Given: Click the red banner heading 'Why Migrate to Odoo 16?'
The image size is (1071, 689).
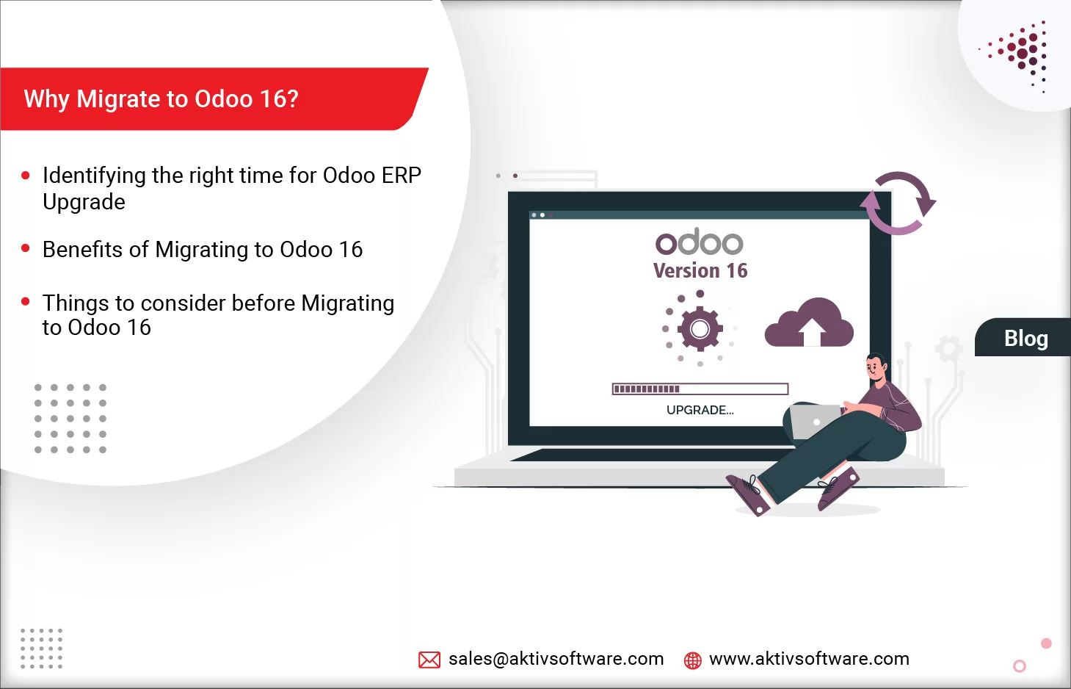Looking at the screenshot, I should tap(161, 99).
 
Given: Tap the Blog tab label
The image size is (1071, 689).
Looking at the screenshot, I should tap(1025, 339).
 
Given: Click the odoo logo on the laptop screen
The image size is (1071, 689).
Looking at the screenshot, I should tap(700, 242).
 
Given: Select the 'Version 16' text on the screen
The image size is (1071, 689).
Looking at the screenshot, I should tap(700, 271).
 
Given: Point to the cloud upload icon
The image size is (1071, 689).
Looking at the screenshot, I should tap(809, 324).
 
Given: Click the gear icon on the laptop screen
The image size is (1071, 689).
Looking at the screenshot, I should tap(700, 328).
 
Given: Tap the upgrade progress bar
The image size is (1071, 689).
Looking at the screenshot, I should tap(700, 389).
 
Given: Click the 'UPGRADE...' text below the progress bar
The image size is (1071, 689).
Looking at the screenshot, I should tap(700, 410).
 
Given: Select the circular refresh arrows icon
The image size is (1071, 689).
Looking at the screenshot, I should tap(898, 203).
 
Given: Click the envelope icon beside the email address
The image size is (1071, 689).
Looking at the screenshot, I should tap(429, 660).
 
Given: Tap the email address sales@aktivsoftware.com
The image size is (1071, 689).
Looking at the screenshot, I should tap(556, 659).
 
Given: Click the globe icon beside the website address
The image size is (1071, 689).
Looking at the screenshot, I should tap(692, 660).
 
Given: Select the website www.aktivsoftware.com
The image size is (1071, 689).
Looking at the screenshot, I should tap(809, 659).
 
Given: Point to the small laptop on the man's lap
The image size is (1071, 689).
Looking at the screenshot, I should tap(814, 421).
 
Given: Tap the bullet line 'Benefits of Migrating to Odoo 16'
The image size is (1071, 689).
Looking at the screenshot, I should tap(203, 250).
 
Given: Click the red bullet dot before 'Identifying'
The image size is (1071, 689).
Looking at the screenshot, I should tap(26, 176).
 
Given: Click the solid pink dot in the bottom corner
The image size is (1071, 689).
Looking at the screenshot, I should tap(1046, 643).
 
